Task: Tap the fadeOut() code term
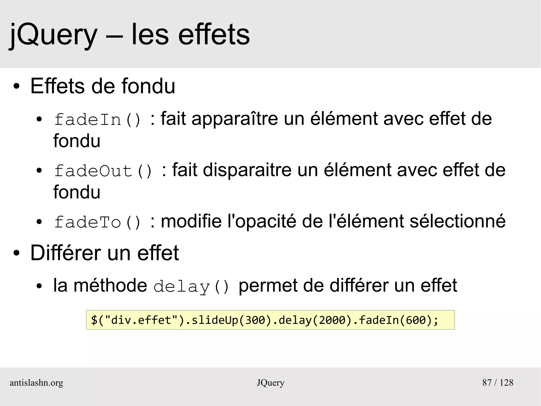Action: [103, 171]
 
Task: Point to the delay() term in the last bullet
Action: [191, 286]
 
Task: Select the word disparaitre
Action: [247, 170]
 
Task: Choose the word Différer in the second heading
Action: [66, 253]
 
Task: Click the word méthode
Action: [110, 285]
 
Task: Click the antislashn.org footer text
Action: [36, 383]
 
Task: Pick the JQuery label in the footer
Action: [270, 383]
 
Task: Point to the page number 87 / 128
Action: [498, 383]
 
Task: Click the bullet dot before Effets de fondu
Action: [16, 86]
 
